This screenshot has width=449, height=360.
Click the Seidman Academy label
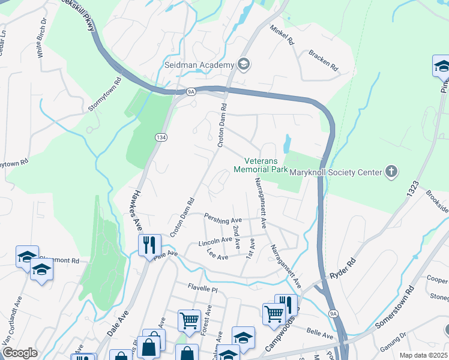pos(199,65)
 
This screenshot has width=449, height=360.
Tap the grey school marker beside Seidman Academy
pos(244,64)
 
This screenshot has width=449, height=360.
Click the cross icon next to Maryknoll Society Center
pos(391,172)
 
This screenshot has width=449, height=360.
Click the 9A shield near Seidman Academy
pos(191,92)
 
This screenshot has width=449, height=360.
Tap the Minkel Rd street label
pos(282,37)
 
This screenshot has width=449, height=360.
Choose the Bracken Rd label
pos(321,59)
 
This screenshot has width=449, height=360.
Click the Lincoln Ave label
pos(215,241)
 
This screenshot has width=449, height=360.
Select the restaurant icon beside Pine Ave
pos(149,244)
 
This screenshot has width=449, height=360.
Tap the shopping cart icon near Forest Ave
pos(189,320)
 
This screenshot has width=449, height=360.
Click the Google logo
pos(20,353)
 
